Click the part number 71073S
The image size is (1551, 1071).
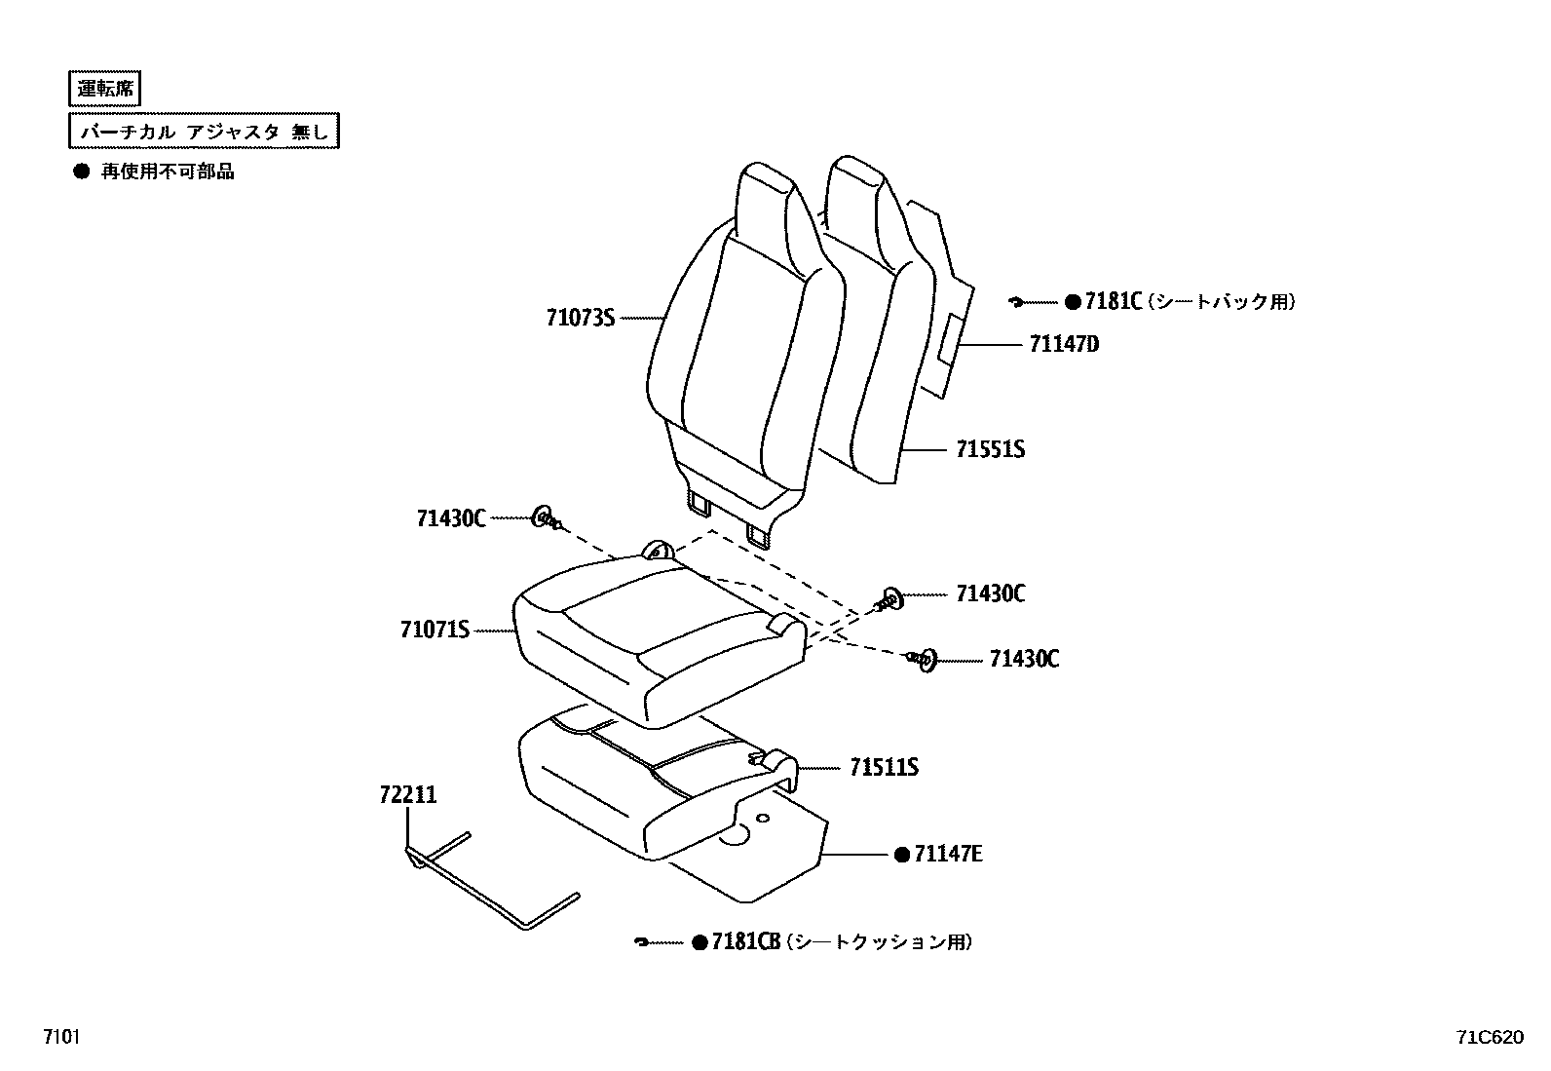pos(581,318)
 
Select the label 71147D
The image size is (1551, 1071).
pos(1064,344)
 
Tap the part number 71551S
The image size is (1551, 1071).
pos(990,449)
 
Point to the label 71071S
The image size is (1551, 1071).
pos(435,630)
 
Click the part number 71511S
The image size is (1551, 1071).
pos(884,768)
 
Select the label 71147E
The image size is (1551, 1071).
pos(949,855)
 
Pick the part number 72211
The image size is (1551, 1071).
pos(408,795)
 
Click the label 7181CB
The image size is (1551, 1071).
pos(746,942)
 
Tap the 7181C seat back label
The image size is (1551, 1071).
pos(1114,302)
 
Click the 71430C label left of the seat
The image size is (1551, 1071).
pos(451,518)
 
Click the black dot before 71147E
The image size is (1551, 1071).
pos(902,855)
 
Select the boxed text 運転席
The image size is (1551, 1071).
pos(106,89)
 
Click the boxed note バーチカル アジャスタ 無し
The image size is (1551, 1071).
pos(205,132)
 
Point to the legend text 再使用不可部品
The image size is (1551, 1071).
pos(168,172)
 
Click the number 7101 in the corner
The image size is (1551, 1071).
pos(60,1037)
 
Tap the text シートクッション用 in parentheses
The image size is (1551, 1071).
pos(879,942)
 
